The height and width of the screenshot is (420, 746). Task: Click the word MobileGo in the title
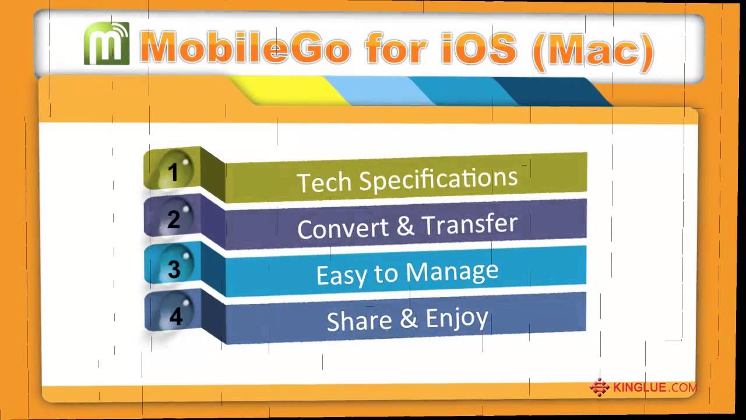pos(245,48)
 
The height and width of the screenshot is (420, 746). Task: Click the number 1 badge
pos(173,171)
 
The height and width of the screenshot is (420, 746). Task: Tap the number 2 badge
pos(174,219)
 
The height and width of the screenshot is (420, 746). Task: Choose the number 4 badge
pos(175,316)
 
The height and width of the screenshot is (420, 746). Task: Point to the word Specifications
pos(438,178)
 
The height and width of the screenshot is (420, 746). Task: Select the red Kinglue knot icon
pos(599,387)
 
